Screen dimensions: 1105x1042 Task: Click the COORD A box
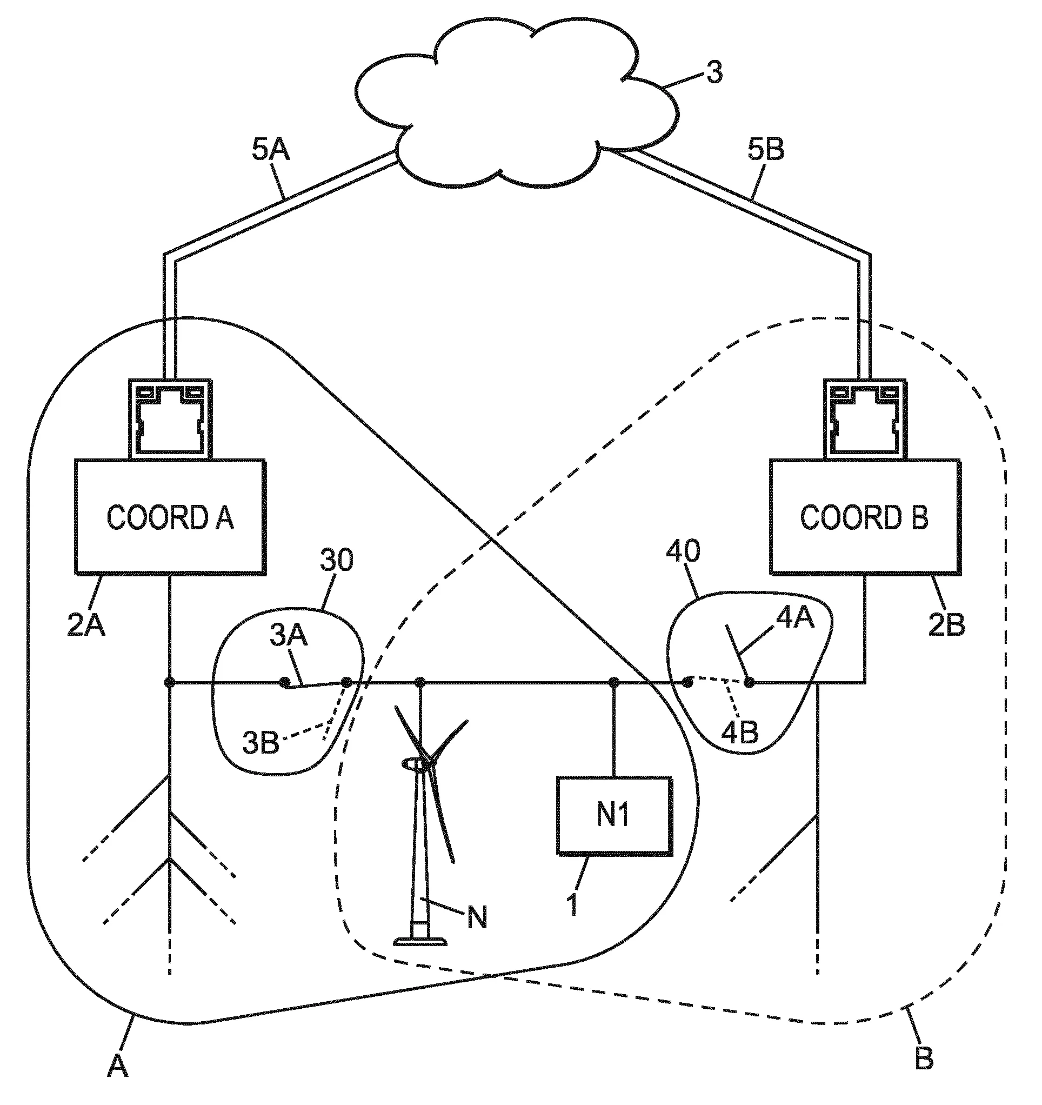pos(170,517)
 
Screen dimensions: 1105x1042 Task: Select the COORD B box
pos(864,517)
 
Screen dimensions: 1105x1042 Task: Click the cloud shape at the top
pos(517,105)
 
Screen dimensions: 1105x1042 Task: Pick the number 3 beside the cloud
pos(714,72)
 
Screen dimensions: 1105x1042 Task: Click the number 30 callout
pos(337,560)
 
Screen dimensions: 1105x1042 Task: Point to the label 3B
pos(260,743)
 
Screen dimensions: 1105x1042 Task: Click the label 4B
pos(740,733)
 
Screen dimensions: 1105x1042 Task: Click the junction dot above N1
pos(614,682)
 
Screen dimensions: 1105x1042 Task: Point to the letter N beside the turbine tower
pos(477,916)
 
